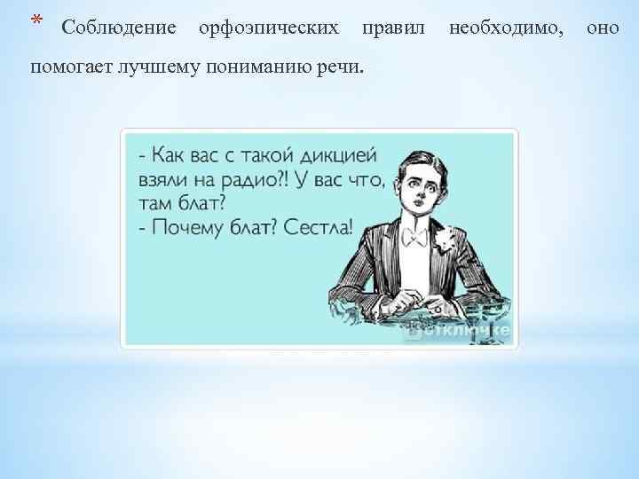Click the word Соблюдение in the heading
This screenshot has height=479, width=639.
coord(119,28)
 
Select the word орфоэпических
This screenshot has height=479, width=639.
coord(268,28)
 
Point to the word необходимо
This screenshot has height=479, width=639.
coord(506,28)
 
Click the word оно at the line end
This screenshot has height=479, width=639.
coord(603,28)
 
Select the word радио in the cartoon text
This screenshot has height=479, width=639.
coord(257,180)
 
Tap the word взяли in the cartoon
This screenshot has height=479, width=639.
coord(162,180)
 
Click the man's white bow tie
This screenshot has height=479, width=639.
coord(414,237)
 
